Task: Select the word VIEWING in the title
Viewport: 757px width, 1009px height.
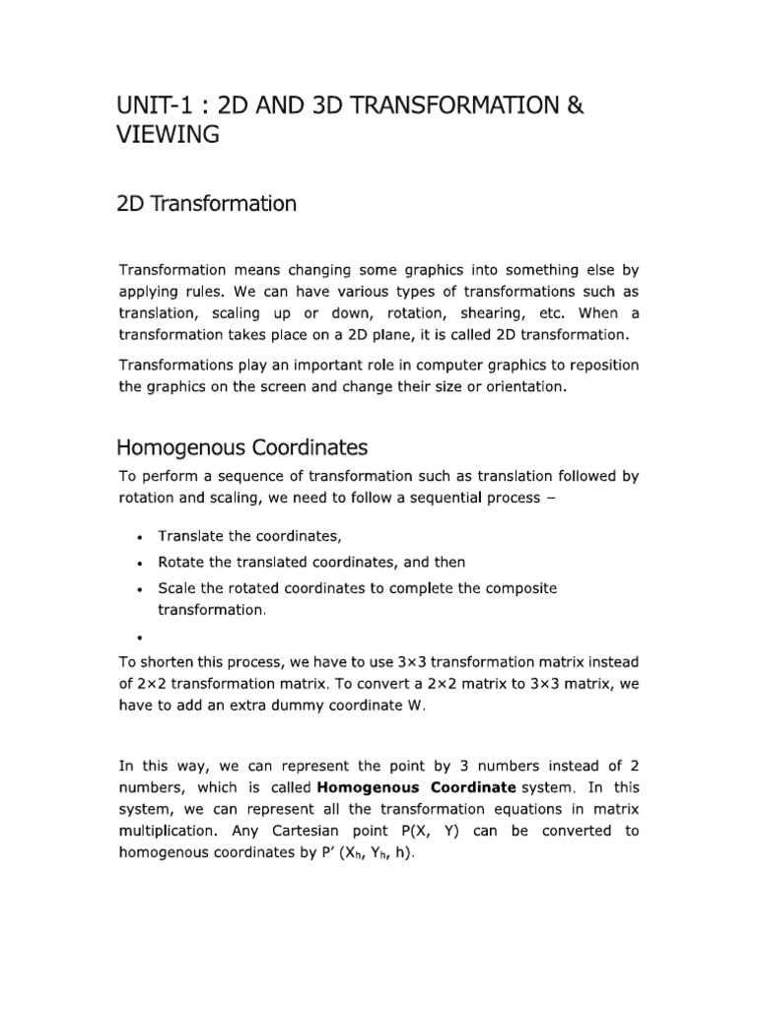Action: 167,135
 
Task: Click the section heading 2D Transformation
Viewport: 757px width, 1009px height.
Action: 206,204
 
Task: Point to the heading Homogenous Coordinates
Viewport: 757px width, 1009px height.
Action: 242,447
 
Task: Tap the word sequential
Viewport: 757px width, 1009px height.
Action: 438,499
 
